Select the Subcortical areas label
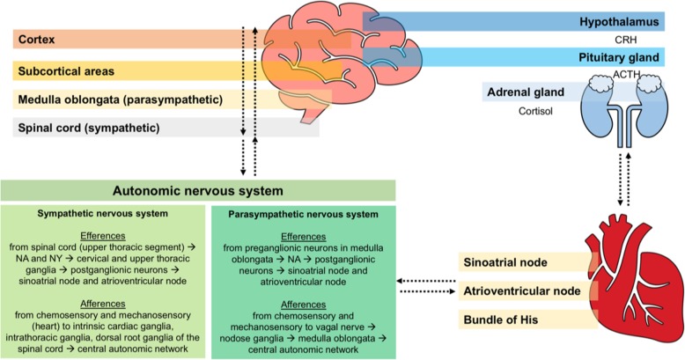tap(65, 70)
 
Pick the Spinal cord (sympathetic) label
tap(88, 129)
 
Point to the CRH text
tap(650, 40)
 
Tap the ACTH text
tap(650, 76)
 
